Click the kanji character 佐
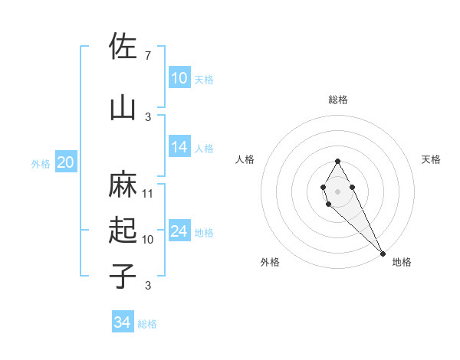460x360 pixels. tap(123, 47)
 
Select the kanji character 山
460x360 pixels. tap(123, 107)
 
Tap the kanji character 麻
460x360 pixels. tap(123, 185)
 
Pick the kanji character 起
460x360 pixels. tap(123, 231)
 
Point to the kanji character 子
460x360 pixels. tap(123, 277)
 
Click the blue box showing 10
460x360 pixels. tap(179, 78)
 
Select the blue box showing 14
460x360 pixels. tap(179, 148)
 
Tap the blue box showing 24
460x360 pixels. tap(179, 231)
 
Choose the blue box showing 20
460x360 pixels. tap(66, 162)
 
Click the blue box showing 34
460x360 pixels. tap(123, 322)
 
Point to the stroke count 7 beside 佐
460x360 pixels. tap(147, 56)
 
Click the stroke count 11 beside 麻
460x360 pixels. tap(148, 193)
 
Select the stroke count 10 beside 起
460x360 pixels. tap(148, 240)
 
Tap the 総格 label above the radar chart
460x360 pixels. tap(338, 100)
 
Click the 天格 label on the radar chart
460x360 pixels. tap(431, 159)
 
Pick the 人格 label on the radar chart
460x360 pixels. tap(245, 159)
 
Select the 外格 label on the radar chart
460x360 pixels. tap(270, 262)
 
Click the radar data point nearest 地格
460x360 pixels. tap(383, 254)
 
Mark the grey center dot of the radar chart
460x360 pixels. tap(337, 191)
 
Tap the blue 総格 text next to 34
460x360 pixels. tap(147, 324)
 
